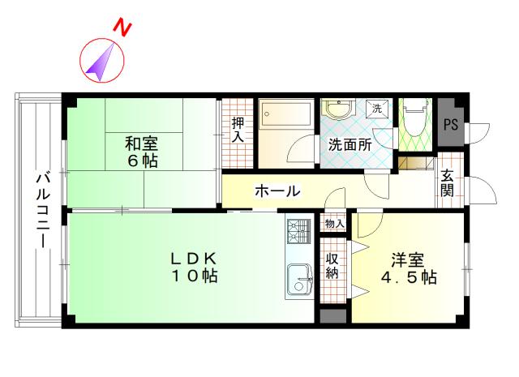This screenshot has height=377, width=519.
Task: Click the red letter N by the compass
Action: (122, 28)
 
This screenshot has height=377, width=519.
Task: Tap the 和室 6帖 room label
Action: (142, 152)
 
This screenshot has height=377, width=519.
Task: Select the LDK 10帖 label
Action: (194, 267)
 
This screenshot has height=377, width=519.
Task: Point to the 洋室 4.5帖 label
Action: (409, 268)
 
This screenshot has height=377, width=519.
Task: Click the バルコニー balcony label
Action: (43, 210)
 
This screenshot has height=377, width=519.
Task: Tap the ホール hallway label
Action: (277, 191)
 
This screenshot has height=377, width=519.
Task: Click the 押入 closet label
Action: (238, 130)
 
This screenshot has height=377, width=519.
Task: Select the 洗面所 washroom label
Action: (350, 145)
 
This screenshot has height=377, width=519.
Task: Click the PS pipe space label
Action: (451, 125)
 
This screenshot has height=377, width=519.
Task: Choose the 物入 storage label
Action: (334, 224)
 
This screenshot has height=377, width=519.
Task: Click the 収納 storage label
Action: (332, 265)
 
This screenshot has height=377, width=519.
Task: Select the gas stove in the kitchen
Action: (299, 231)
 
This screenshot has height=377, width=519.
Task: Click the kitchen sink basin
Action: (299, 279)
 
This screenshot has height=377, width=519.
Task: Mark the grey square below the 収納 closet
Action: (333, 316)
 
